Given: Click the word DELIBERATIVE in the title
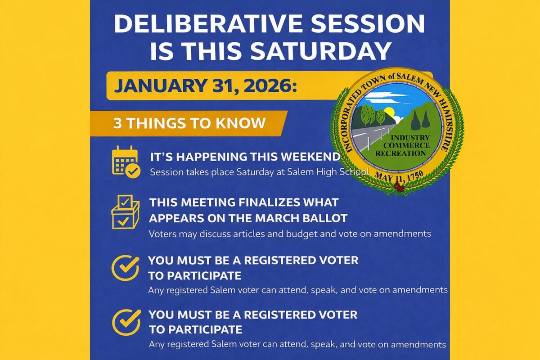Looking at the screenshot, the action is [x=208, y=24].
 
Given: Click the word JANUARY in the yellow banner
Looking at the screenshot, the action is [x=161, y=85].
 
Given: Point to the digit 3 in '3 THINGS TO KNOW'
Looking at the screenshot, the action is [x=117, y=123].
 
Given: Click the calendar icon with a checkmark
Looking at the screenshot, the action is [x=126, y=162].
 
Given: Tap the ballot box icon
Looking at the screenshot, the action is [x=126, y=212].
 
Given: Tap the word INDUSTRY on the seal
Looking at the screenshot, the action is [x=410, y=138].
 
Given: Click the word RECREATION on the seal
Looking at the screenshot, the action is [x=400, y=153].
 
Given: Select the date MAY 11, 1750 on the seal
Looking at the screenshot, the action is [x=399, y=177].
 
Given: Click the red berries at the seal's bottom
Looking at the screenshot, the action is [x=399, y=187].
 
